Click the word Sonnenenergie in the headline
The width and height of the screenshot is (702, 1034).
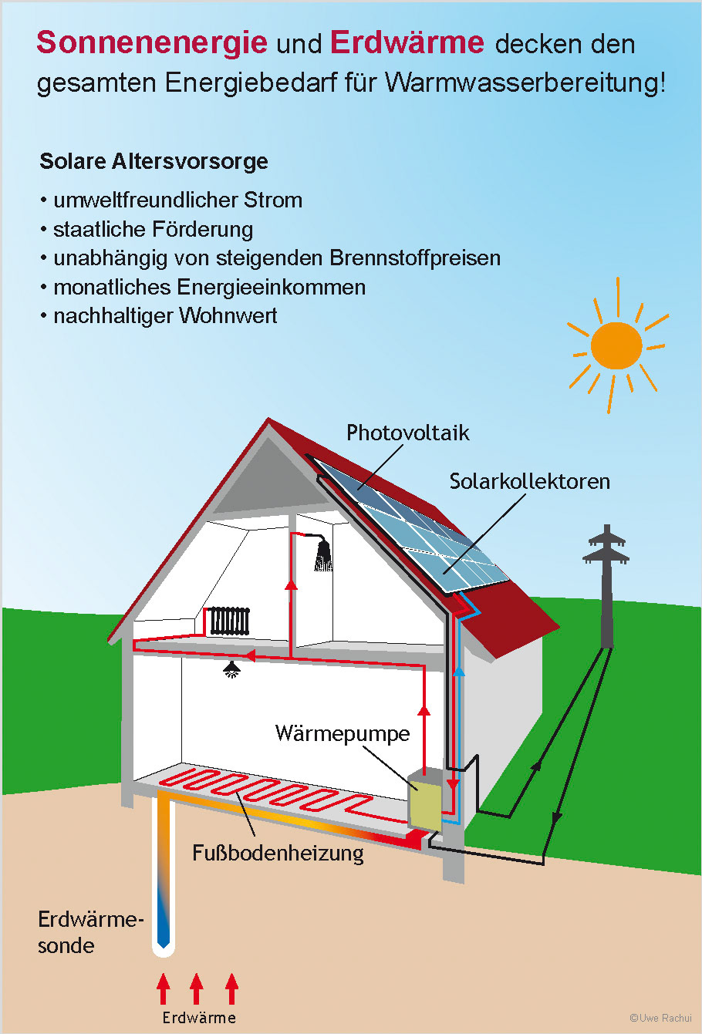(x=152, y=43)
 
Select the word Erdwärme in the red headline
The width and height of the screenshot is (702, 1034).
(x=407, y=43)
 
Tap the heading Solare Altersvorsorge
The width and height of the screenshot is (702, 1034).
(x=154, y=162)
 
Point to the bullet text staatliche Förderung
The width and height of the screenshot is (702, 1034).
(x=153, y=229)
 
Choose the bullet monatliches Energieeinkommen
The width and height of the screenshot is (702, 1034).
(x=209, y=287)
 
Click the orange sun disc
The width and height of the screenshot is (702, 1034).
(x=616, y=346)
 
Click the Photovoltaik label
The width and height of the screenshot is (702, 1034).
(x=407, y=433)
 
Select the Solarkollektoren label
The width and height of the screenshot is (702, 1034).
(x=529, y=481)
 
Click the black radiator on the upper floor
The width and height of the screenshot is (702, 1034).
(x=230, y=620)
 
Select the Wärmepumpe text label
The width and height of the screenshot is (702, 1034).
(x=342, y=733)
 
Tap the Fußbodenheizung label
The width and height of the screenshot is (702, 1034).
(x=278, y=854)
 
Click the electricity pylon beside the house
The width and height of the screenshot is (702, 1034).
(x=606, y=586)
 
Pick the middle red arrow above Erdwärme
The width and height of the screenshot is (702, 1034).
(x=197, y=989)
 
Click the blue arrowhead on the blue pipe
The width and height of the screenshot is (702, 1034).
(x=459, y=671)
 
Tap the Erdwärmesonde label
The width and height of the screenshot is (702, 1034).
(x=90, y=932)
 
